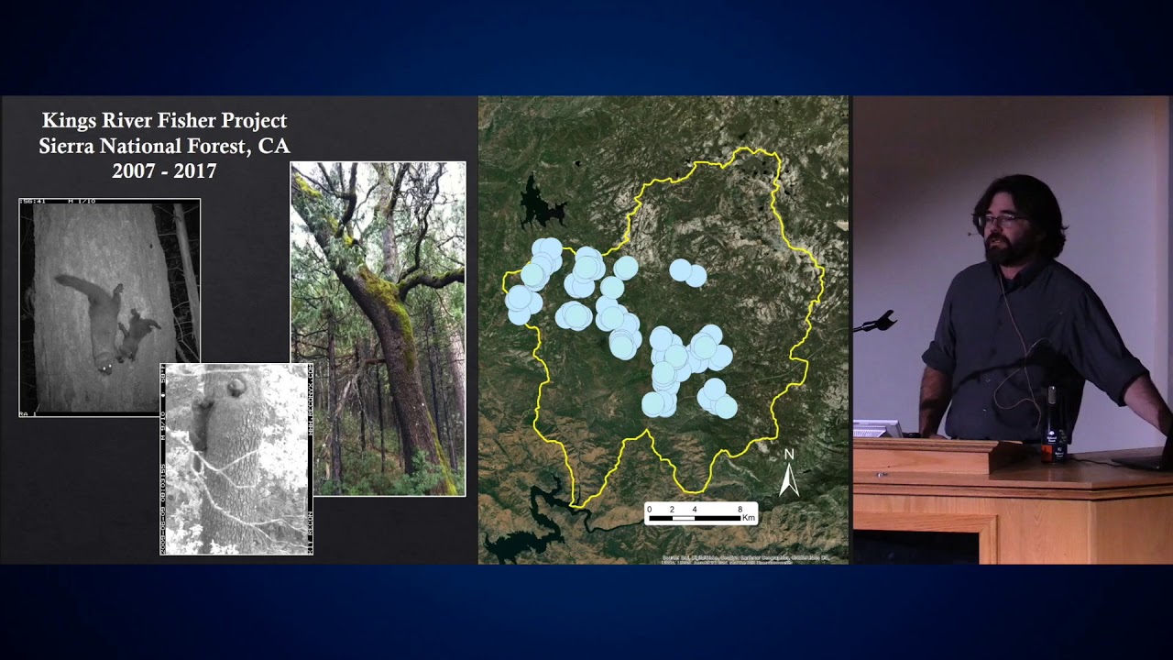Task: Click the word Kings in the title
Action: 71,121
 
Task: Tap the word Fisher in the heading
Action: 198,121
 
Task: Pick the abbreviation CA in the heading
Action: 274,146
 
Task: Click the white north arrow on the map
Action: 788,480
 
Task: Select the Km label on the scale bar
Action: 749,518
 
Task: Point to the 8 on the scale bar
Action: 740,509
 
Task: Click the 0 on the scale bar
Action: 649,509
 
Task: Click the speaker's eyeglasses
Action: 1000,220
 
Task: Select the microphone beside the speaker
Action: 880,322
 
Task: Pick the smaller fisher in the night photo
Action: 139,333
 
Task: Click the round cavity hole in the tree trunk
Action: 236,387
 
